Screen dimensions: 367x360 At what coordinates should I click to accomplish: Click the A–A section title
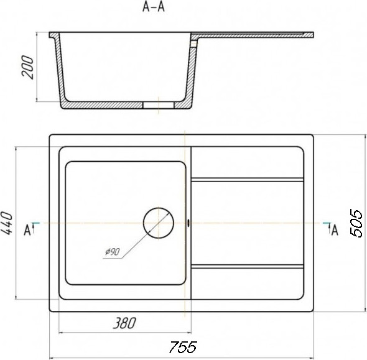[154, 7]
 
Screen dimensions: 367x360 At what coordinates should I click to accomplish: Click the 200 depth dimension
[27, 67]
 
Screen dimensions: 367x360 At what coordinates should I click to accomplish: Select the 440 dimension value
[6, 223]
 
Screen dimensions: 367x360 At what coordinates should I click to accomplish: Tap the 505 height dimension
[356, 223]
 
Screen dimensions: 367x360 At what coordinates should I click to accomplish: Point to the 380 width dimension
[124, 323]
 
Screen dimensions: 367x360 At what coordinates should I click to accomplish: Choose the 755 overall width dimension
[183, 347]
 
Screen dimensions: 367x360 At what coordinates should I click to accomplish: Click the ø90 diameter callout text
[113, 252]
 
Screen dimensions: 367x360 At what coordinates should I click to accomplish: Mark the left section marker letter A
[27, 230]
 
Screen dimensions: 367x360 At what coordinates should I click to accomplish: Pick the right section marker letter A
[335, 230]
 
